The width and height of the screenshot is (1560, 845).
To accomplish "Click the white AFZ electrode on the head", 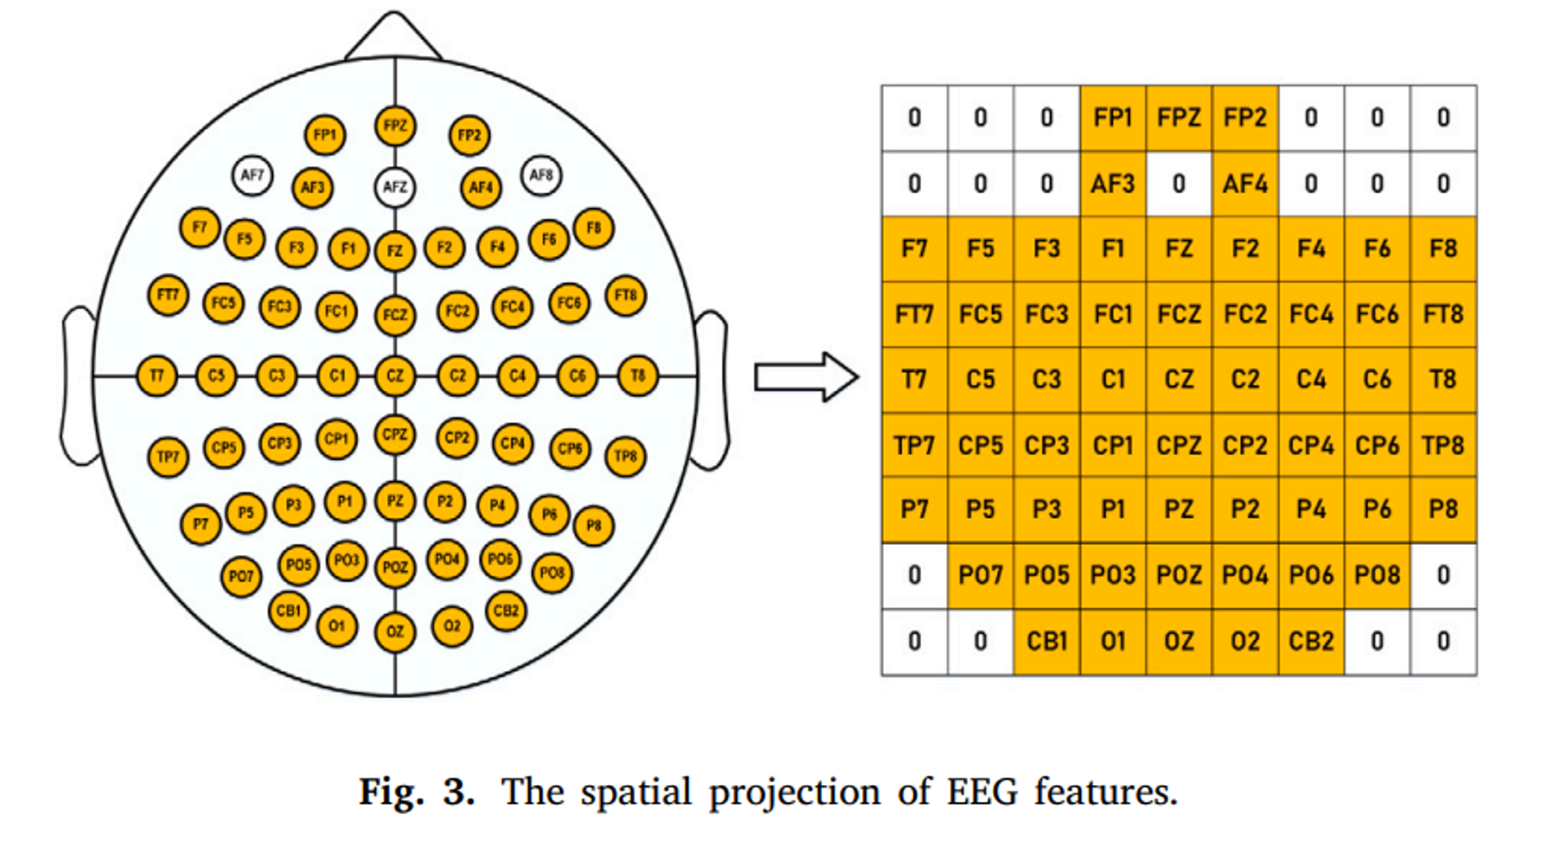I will coord(395,187).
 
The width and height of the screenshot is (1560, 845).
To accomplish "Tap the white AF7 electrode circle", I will coord(252,175).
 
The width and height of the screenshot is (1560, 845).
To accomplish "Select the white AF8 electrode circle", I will coord(541,175).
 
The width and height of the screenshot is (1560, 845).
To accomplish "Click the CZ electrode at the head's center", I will coord(395,376).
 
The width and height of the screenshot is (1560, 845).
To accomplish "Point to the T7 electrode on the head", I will coord(157,376).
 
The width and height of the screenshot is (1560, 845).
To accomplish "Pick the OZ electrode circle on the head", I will coord(395,631).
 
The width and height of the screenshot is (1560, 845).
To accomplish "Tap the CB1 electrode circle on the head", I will coord(289,610).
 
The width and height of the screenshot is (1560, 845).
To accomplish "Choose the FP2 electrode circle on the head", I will coord(469,135).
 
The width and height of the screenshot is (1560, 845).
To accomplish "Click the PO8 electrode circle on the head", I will coord(552,573).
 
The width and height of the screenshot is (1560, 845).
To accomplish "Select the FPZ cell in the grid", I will coord(1179,118).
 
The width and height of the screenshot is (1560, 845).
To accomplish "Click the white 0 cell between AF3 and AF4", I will coord(1179,184).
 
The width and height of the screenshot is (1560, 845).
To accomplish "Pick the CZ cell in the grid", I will coord(1179,380).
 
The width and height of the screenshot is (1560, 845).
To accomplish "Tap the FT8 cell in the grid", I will coord(1443,314).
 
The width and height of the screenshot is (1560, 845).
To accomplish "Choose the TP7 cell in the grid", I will coord(914,445).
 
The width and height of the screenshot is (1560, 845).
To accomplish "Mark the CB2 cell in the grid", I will coord(1311,642).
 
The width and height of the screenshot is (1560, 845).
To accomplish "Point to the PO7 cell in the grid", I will coord(980,575).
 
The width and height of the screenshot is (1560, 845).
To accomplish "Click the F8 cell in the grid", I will coord(1443,249).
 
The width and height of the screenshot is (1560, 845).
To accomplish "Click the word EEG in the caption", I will coord(982,792).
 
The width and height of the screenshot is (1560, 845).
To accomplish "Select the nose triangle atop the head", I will coord(394,39).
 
